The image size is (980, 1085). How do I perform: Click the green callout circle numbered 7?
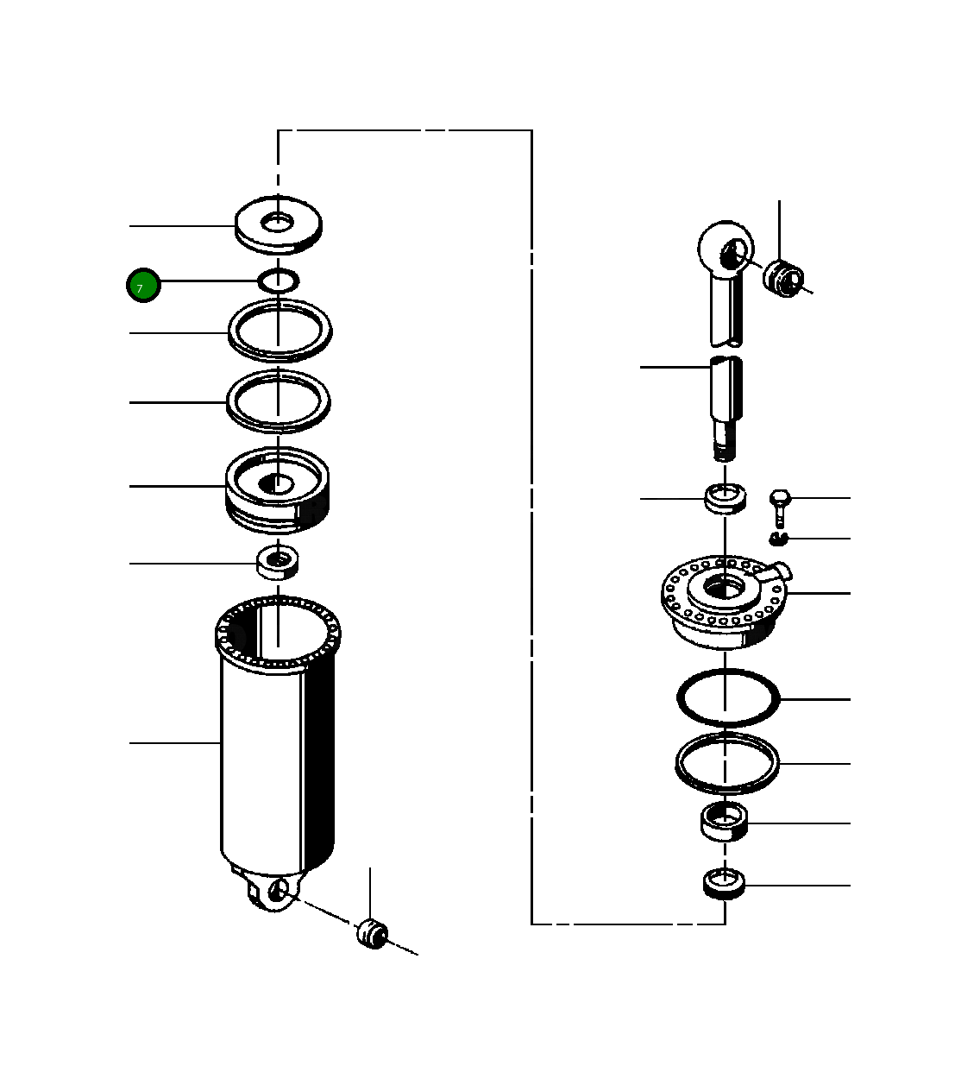click(143, 286)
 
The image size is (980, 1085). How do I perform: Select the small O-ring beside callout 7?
click(279, 280)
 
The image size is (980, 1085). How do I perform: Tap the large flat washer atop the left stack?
click(278, 226)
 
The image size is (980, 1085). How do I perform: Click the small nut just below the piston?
click(277, 562)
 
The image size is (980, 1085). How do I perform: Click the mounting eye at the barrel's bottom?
click(275, 893)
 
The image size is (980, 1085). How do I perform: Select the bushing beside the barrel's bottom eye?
click(373, 934)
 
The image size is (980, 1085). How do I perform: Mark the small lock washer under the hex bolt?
click(779, 539)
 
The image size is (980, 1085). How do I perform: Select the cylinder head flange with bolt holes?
click(724, 600)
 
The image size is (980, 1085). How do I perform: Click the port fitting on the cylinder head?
click(778, 571)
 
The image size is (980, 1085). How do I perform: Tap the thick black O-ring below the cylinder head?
click(727, 697)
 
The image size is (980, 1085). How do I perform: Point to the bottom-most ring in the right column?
click(725, 885)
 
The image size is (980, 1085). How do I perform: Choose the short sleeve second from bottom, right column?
click(724, 821)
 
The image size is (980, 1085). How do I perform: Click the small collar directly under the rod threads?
click(725, 498)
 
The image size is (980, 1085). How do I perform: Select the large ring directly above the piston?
click(278, 401)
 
